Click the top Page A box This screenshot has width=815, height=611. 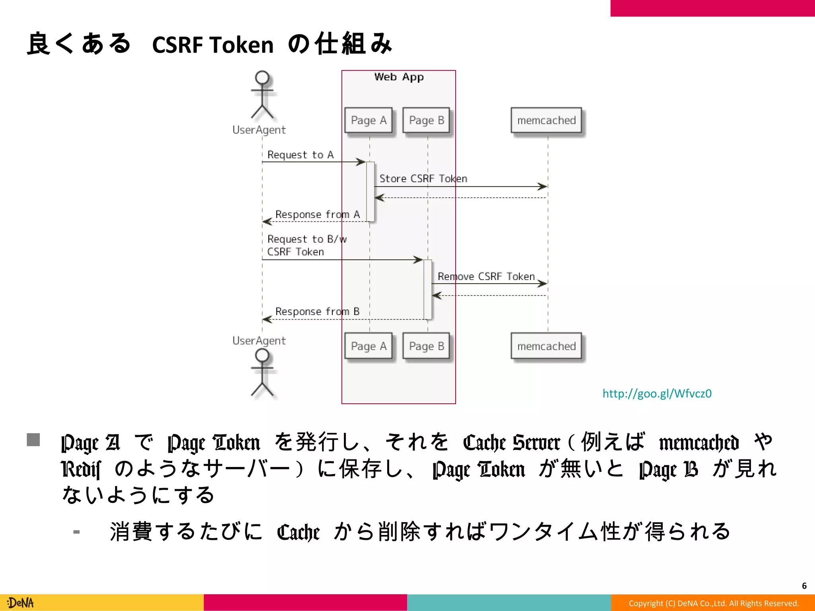(369, 120)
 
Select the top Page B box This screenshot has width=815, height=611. (426, 120)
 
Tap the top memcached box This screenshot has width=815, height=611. (546, 120)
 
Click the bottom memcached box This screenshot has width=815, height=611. (546, 346)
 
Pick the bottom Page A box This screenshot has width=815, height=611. (369, 346)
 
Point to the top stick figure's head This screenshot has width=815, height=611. (262, 77)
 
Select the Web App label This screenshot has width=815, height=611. (399, 77)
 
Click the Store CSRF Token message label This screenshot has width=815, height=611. (423, 179)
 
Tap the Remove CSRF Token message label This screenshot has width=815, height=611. (486, 276)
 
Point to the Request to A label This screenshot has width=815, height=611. (300, 155)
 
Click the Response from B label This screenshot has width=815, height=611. (317, 311)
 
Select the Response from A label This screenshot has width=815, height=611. (317, 214)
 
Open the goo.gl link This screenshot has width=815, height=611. (657, 393)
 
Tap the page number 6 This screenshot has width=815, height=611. (804, 586)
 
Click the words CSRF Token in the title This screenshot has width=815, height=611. (213, 45)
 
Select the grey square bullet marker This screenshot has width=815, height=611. (33, 440)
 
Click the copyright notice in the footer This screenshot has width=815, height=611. (714, 603)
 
